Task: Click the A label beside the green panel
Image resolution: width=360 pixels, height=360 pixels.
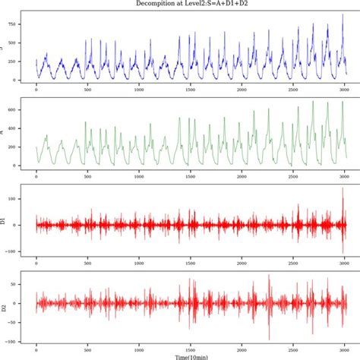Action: pyautogui.click(x=4, y=131)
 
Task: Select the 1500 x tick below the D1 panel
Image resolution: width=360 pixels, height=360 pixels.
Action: pyautogui.click(x=190, y=264)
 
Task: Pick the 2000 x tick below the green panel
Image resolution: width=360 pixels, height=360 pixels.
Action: pyautogui.click(x=242, y=177)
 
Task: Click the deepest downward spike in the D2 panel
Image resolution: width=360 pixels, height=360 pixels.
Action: pyautogui.click(x=268, y=339)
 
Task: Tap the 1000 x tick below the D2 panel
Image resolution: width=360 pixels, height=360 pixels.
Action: pyautogui.click(x=138, y=348)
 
